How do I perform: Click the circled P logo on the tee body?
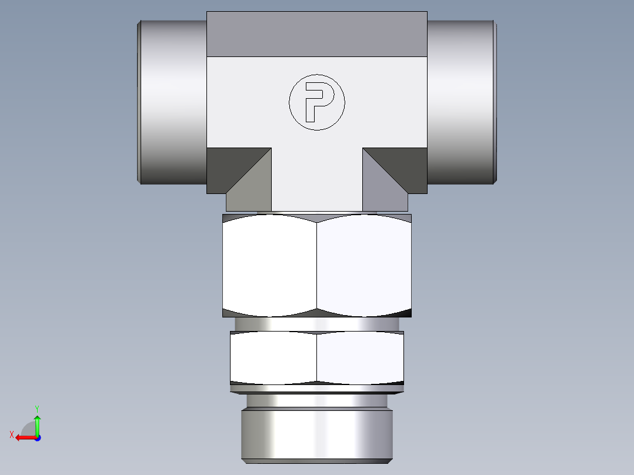[x=316, y=102]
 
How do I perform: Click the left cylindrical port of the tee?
[x=172, y=102]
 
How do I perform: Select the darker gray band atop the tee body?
[x=316, y=34]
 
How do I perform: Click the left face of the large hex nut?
[x=269, y=265]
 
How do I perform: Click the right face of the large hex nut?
[x=363, y=265]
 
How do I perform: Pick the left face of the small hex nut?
[x=273, y=357]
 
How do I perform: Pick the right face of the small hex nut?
[x=360, y=357]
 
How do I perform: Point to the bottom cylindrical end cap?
[x=316, y=435]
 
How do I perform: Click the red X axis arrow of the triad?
[x=24, y=437]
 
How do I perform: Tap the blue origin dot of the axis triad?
[x=37, y=437]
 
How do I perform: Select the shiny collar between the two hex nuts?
[x=316, y=324]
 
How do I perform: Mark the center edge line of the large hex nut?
[x=316, y=265]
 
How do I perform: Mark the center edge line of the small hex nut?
[x=316, y=357]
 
